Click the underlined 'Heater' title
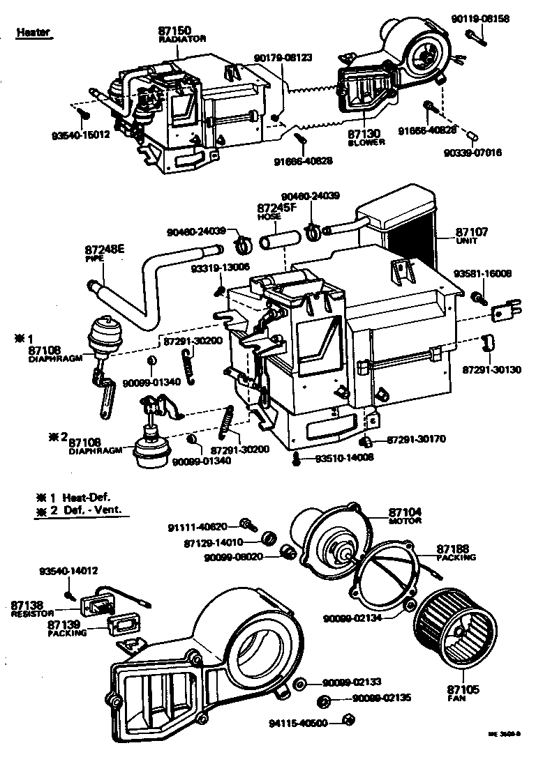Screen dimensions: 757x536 click(x=33, y=32)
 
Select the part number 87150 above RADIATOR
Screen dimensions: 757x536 click(x=174, y=32)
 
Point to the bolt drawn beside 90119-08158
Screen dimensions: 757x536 click(x=476, y=36)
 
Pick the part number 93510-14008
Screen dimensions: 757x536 click(x=344, y=457)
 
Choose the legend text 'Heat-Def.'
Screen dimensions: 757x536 click(x=87, y=498)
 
